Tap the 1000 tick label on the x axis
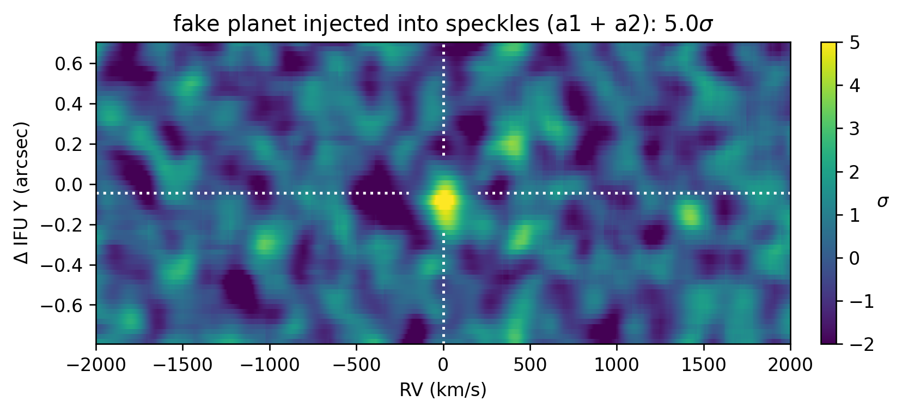617,365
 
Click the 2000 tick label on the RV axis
790,365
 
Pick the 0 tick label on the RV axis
443,365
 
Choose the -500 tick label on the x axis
356,365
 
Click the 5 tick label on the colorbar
855,43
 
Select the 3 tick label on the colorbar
855,129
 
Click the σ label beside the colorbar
883,202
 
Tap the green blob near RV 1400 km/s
690,215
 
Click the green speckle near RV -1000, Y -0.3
265,244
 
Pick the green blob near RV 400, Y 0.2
511,144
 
